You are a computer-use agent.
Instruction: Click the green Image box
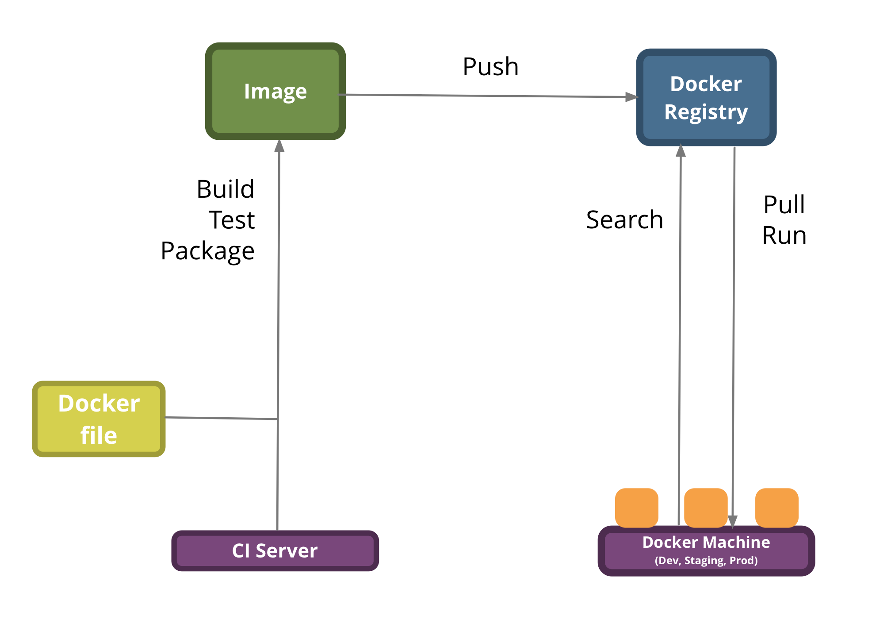(275, 91)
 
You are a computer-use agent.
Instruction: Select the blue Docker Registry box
(706, 97)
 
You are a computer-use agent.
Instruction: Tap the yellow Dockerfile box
(99, 419)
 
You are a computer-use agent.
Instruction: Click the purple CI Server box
(275, 550)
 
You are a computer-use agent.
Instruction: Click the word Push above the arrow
(490, 67)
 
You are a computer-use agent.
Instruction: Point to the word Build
(226, 189)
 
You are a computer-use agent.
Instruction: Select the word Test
(232, 220)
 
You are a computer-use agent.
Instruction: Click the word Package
(207, 251)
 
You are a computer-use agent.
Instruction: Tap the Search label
(624, 219)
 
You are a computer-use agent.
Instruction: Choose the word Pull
(784, 204)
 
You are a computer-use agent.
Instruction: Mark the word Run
(784, 235)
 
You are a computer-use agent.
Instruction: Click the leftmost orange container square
(636, 507)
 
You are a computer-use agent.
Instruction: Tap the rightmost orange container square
(776, 507)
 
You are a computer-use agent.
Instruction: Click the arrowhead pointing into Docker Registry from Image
(631, 97)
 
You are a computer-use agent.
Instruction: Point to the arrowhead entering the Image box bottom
(279, 146)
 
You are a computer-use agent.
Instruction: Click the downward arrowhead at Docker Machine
(732, 521)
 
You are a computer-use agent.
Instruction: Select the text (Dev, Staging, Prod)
(706, 561)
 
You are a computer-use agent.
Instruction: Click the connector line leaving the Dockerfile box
(221, 418)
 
